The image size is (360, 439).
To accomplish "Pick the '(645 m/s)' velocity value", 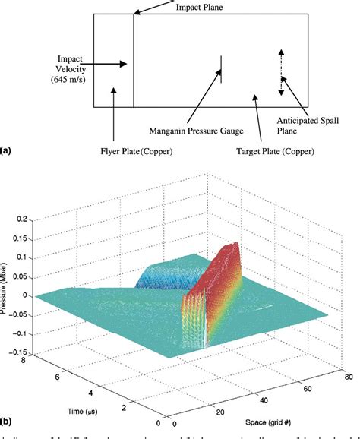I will click(69, 78).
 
